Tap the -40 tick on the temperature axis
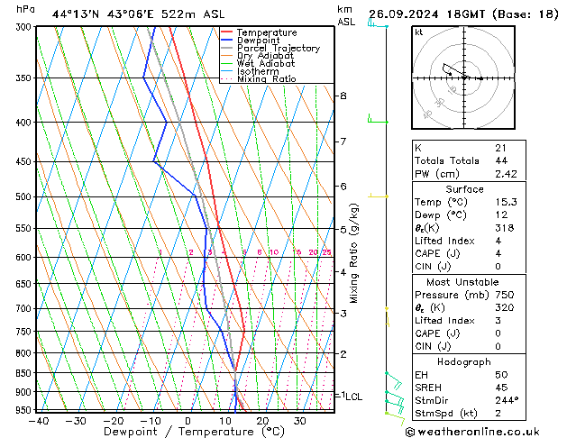[38, 420]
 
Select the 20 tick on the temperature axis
[261, 420]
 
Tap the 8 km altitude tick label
[343, 96]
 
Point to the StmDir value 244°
[507, 400]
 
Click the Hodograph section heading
[464, 361]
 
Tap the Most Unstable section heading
[464, 282]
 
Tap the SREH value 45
[501, 387]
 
